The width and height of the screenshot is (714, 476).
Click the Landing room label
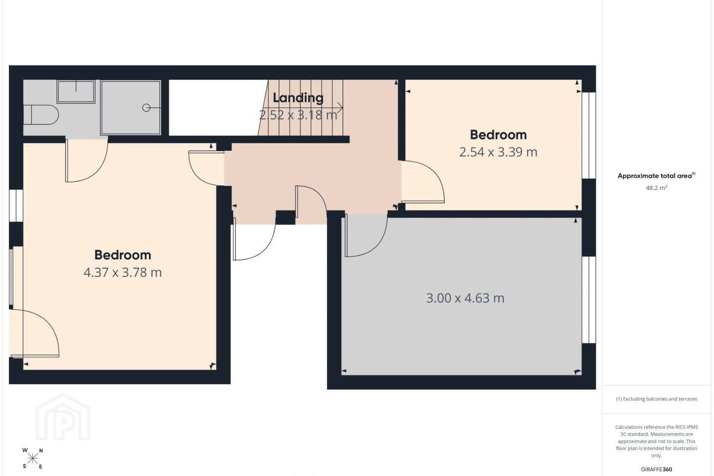298,98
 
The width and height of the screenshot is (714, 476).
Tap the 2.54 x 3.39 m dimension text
498,152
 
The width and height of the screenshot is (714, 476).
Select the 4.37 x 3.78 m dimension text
123,273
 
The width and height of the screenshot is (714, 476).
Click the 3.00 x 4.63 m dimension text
466,298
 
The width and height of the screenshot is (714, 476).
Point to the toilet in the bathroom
41,115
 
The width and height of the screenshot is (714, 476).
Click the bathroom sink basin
76,92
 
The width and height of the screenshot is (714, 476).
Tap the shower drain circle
146,108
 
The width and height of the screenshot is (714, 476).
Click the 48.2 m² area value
656,187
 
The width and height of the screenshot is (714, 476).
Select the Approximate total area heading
656,176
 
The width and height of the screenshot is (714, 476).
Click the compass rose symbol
33,459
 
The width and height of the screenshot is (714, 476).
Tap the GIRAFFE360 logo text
656,469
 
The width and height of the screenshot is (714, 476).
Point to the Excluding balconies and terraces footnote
656,399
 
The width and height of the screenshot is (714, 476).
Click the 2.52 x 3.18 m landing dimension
298,115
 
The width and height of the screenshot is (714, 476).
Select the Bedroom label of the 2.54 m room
498,135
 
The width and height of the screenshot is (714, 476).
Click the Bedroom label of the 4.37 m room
123,255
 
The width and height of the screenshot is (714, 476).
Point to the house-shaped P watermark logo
63,417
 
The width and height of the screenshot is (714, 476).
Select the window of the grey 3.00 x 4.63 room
589,299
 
